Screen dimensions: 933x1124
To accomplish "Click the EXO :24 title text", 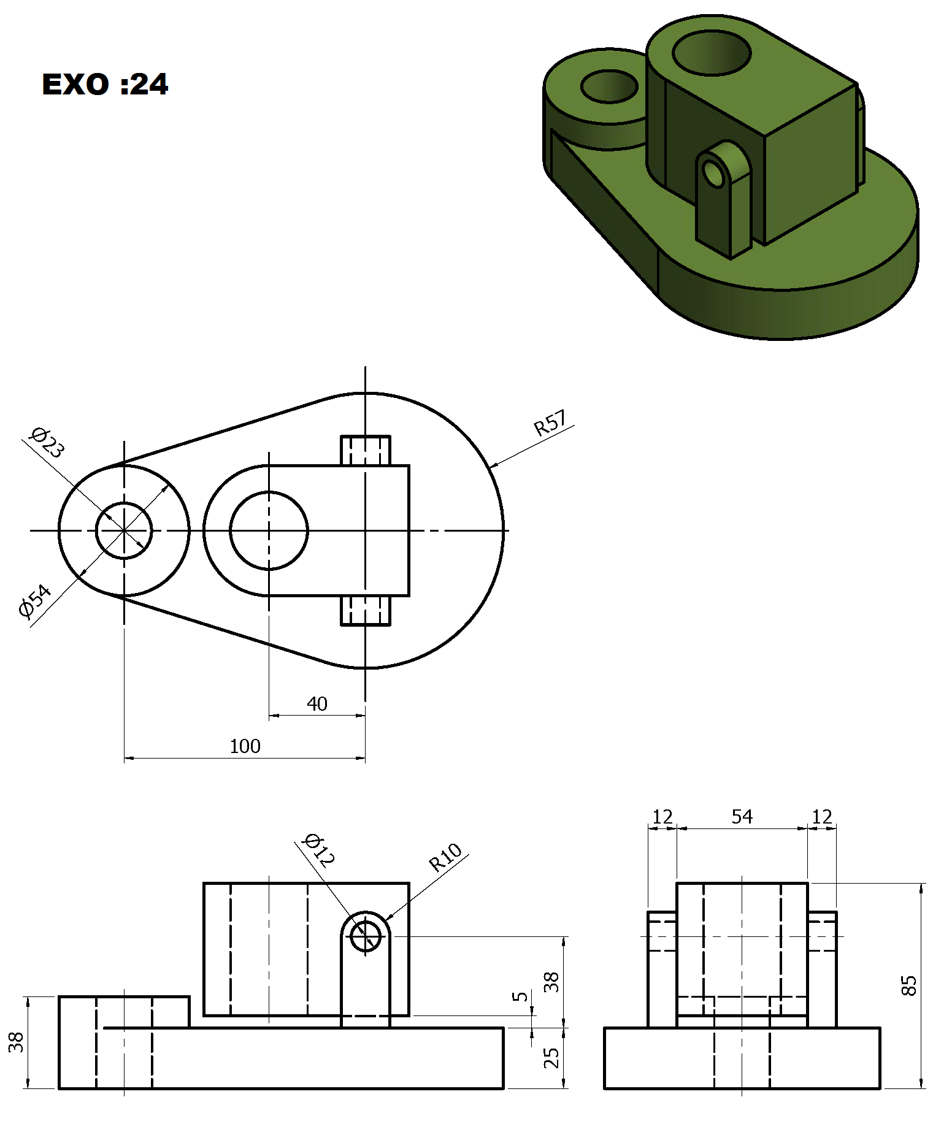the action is pos(105,84).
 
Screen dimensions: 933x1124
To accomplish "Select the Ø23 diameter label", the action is pos(47,442).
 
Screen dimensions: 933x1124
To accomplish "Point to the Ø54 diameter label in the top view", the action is pos(35,601).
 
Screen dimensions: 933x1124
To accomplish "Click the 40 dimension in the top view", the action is pos(317,703).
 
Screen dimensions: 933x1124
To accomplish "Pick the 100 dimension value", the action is pos(245,746).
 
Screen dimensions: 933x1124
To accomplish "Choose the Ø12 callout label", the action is pos(319,850).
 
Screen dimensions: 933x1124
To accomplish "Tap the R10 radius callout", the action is pos(445,857).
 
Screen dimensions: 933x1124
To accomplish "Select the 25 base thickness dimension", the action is pos(551,1058).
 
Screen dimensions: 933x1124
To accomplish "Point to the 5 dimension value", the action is pos(520,996).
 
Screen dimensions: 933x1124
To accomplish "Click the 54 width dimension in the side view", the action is pos(742,816).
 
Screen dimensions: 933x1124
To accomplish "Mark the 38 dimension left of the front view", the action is pos(16,1042).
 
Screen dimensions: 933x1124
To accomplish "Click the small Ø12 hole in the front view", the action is pos(366,936).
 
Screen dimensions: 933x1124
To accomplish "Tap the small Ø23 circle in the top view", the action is pos(124,503).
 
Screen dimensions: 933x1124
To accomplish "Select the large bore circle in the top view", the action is pos(269,492).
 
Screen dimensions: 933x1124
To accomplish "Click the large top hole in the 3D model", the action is pos(712,32).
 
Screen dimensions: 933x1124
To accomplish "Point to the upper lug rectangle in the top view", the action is pos(366,437).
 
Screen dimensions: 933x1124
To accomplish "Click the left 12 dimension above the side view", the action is pos(662,816).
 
